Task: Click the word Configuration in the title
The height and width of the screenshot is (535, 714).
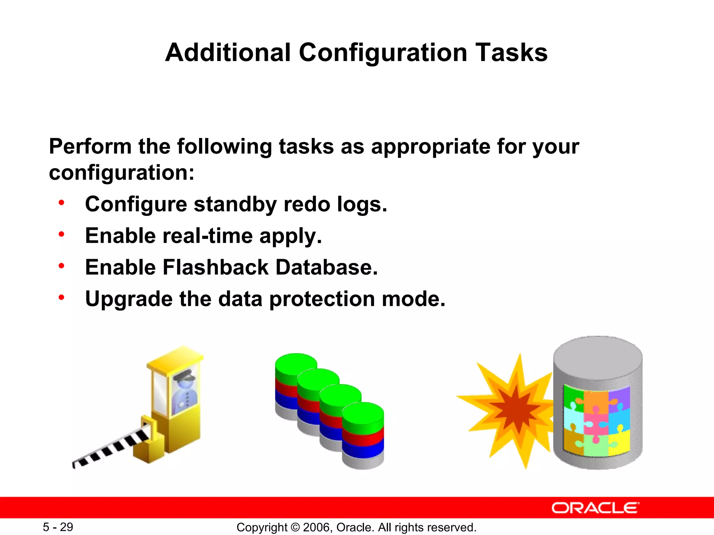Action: pos(382,53)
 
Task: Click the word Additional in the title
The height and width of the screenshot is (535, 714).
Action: pos(228,53)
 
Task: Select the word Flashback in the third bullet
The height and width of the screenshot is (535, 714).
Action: pos(215,267)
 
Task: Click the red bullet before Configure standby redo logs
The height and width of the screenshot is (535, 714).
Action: pos(62,203)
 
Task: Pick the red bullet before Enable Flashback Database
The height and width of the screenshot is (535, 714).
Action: pos(62,266)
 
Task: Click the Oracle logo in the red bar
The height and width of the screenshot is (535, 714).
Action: pos(595,508)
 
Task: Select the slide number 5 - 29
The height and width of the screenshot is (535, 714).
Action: pos(58,527)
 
